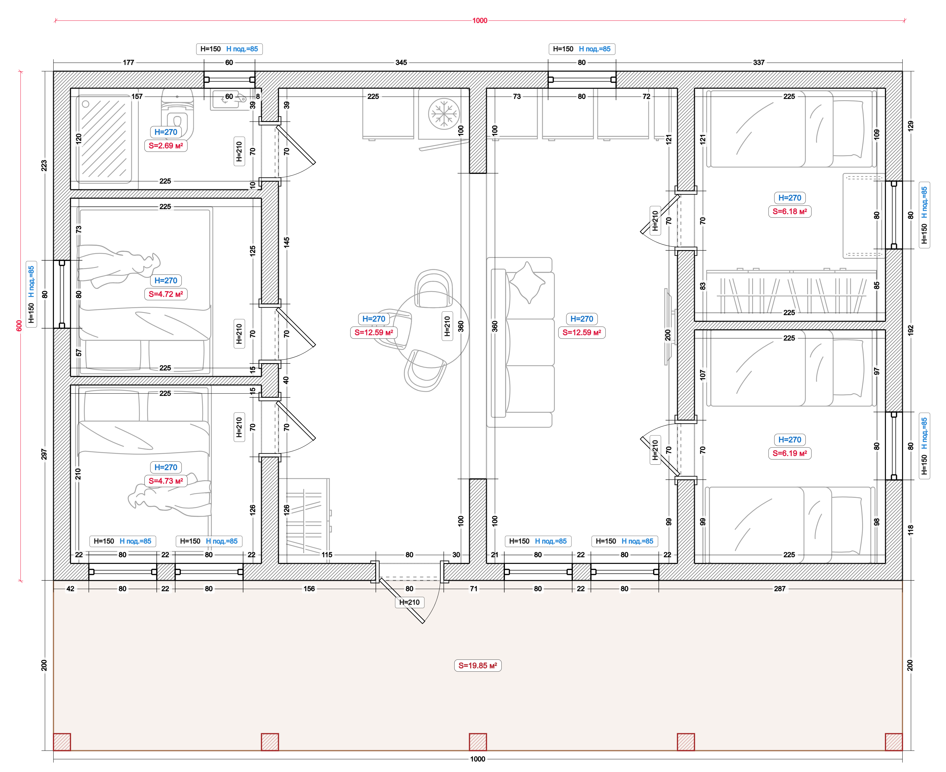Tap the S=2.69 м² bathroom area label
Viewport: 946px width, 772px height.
point(165,145)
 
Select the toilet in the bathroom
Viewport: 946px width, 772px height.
point(177,115)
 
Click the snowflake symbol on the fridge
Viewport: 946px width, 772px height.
point(444,113)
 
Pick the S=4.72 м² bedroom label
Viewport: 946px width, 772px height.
point(165,294)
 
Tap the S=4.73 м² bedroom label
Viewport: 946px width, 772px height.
point(165,481)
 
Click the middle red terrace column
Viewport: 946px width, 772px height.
point(478,742)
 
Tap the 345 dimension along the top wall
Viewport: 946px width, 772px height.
point(401,62)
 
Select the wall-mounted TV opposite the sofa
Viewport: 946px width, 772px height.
point(667,327)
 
